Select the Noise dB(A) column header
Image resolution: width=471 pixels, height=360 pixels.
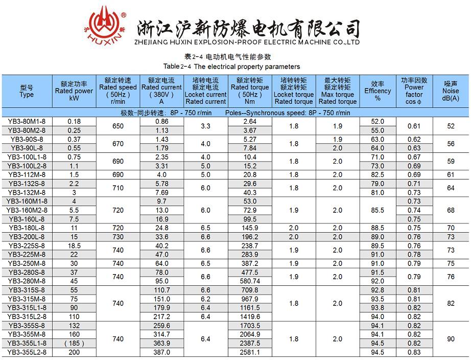[450, 91]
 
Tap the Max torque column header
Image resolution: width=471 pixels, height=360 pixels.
[338, 91]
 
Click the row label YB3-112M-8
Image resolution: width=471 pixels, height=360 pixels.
[27, 174]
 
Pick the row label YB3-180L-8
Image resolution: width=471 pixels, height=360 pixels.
[27, 228]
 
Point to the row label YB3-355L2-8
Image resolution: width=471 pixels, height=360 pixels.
[27, 352]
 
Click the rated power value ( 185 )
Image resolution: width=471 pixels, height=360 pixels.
[74, 343]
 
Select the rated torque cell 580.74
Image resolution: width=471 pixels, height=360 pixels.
[250, 281]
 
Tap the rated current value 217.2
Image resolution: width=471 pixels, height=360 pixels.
[161, 317]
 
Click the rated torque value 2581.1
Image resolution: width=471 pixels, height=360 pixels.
[250, 352]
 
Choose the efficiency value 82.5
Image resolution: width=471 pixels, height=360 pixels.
[378, 174]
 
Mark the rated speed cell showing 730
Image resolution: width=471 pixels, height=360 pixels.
[118, 237]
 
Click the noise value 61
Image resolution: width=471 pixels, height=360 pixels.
[451, 174]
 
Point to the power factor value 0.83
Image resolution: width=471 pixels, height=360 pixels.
[414, 352]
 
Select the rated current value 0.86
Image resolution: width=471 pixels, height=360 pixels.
[161, 122]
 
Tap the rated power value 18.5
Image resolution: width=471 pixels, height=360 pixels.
[74, 246]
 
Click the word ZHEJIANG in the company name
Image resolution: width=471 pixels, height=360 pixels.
[153, 42]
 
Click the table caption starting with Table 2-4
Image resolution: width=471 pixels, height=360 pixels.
[231, 66]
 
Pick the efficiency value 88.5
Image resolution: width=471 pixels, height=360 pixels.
[378, 228]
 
